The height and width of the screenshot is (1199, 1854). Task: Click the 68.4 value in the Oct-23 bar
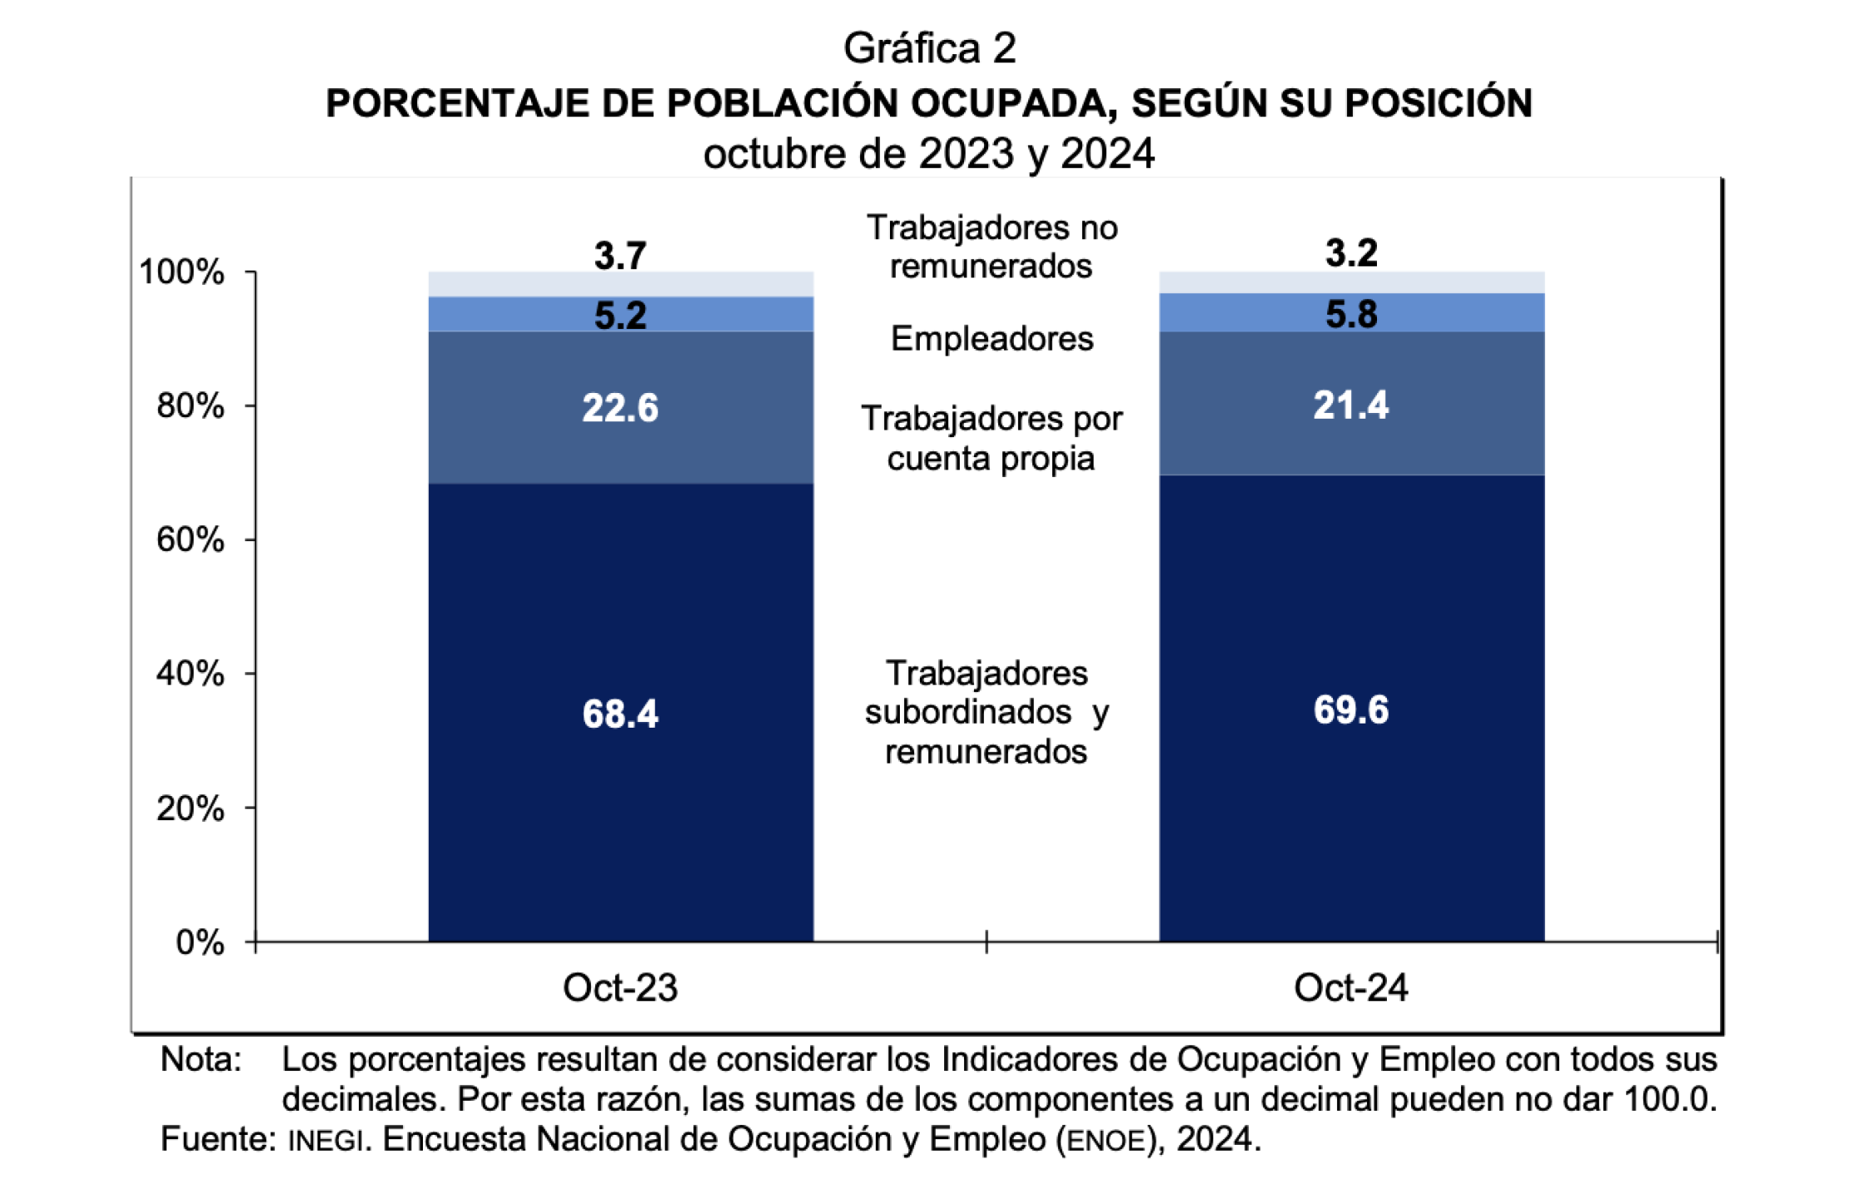click(620, 714)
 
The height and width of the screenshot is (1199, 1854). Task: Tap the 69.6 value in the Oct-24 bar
click(1350, 710)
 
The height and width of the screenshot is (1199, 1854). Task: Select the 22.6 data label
click(620, 408)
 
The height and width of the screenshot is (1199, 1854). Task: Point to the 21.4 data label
click(1350, 405)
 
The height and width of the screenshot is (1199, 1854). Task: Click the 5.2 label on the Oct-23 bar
click(620, 316)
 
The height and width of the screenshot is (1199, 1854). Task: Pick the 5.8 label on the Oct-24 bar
click(1350, 314)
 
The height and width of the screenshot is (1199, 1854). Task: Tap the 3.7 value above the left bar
click(620, 255)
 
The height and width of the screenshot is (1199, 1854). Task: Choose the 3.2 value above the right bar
click(1350, 252)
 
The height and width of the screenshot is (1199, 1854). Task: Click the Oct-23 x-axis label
click(620, 988)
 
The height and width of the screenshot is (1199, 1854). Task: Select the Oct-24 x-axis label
click(1350, 988)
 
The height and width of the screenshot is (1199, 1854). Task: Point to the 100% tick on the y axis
click(181, 272)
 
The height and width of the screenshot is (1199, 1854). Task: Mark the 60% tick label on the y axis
click(190, 540)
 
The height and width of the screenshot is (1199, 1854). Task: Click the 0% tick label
click(200, 943)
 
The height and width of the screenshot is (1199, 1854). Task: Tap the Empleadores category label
click(992, 339)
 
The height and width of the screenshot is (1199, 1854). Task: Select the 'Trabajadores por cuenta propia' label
click(991, 438)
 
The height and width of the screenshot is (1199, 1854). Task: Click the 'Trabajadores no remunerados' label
click(991, 246)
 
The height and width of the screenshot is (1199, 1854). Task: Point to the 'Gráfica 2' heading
click(929, 48)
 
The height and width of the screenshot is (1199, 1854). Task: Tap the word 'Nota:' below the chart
click(201, 1060)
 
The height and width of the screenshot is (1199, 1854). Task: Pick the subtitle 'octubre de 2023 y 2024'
click(928, 154)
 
